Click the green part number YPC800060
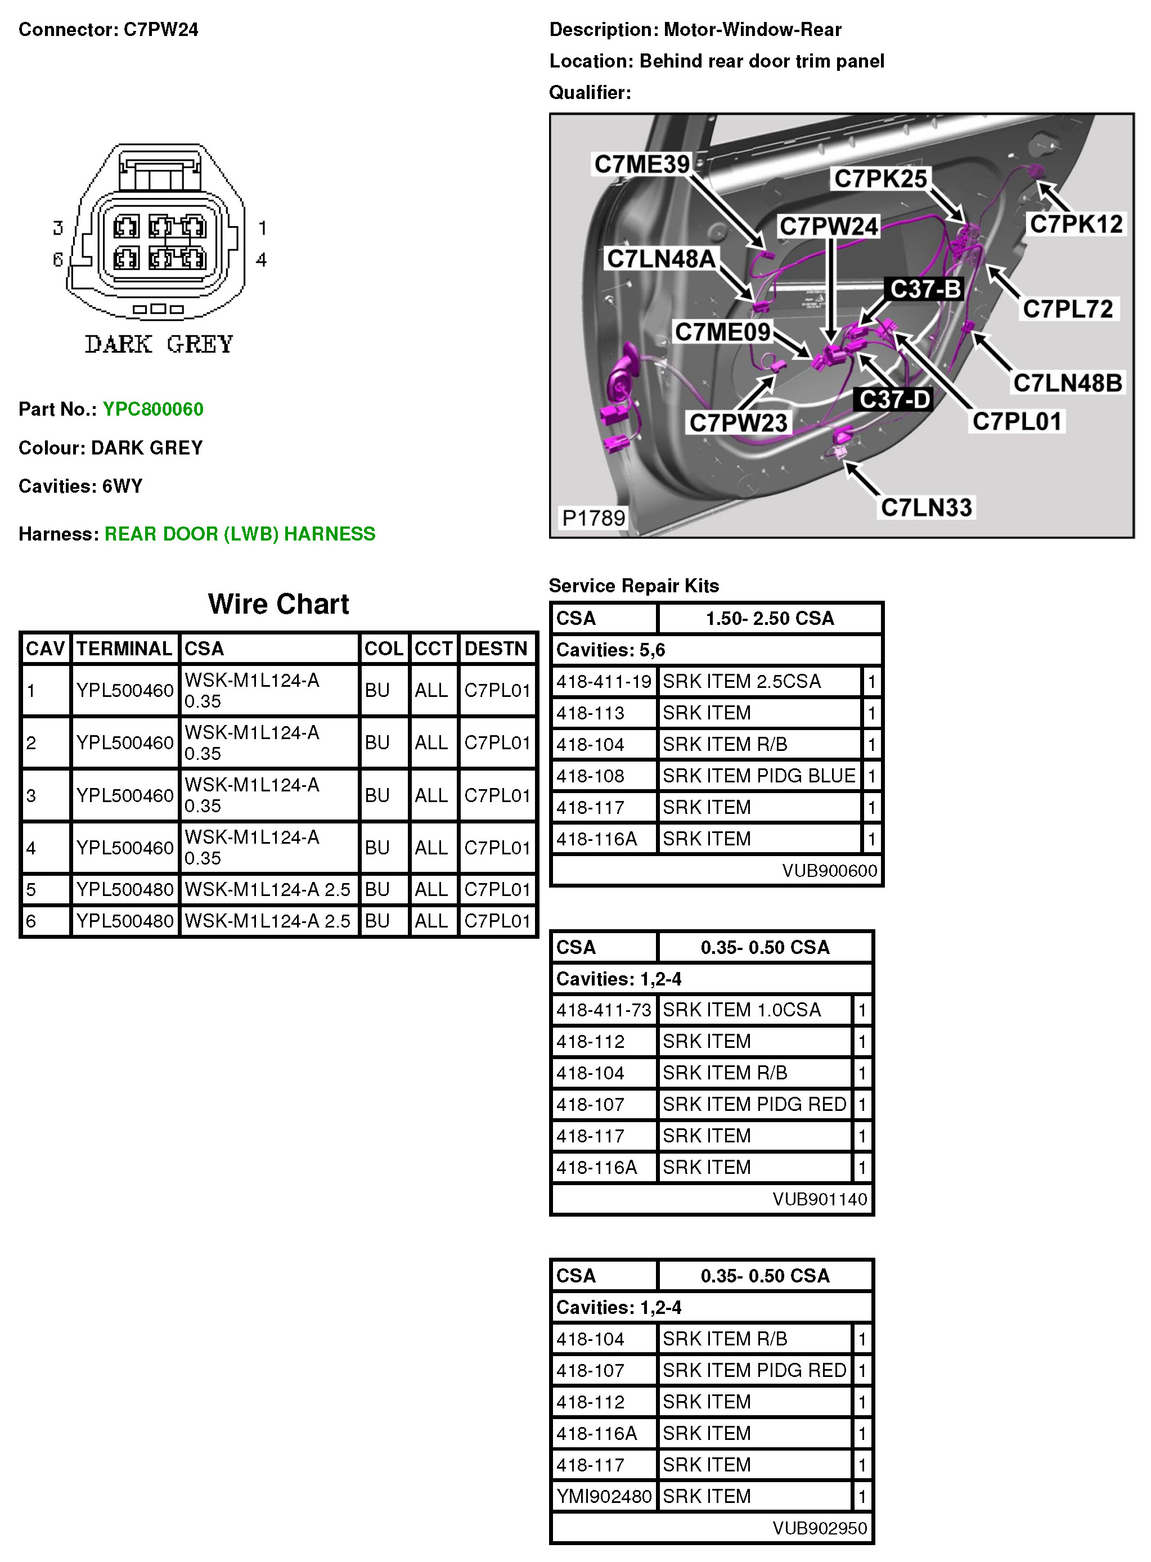tap(152, 409)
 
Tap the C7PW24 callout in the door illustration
tap(829, 227)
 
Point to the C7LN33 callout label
tap(926, 507)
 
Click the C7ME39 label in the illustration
tap(641, 164)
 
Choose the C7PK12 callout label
tap(1076, 224)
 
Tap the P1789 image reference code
tap(594, 517)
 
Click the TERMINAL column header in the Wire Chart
tap(124, 649)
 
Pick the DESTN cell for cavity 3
tap(497, 796)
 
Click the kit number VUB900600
tap(829, 871)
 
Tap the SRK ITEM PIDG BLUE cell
tap(759, 776)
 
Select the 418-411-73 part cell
tap(604, 1010)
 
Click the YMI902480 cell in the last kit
tap(604, 1497)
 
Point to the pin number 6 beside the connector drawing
tap(57, 260)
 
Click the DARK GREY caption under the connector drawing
tap(159, 344)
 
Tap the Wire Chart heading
tap(278, 604)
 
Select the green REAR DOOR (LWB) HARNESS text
tap(240, 534)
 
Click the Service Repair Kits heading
tap(633, 586)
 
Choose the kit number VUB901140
tap(819, 1199)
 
